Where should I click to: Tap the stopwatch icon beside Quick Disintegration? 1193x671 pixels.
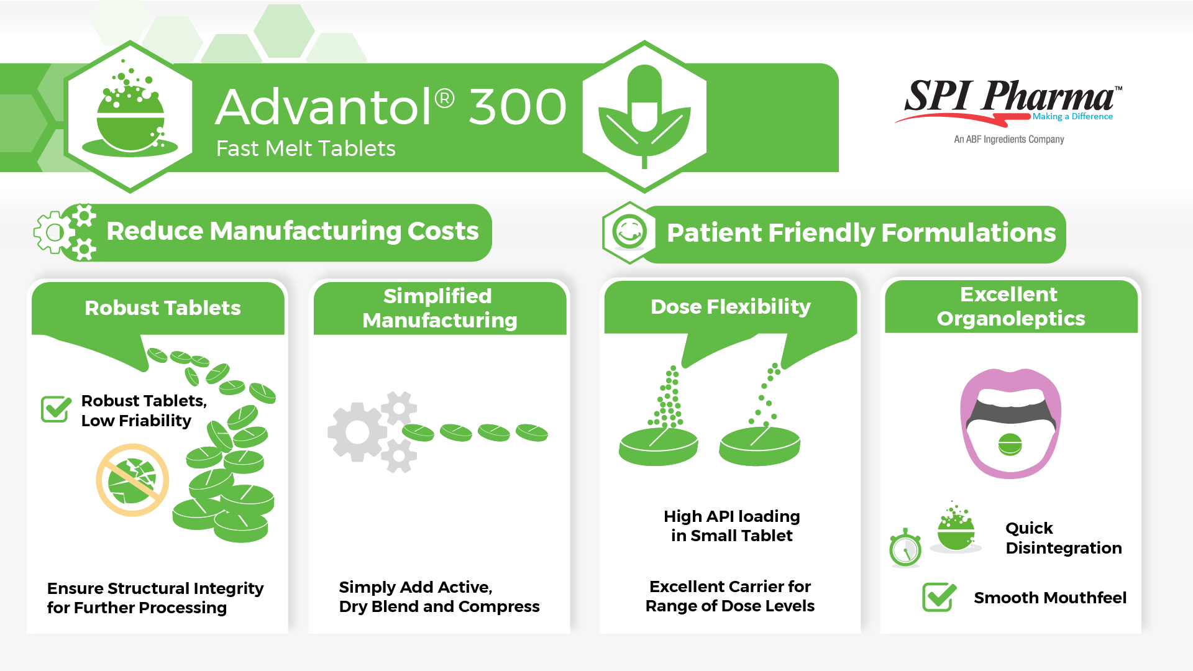click(x=905, y=548)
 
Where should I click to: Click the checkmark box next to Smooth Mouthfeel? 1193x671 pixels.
click(x=939, y=597)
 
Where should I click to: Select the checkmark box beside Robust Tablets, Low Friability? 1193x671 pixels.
click(x=56, y=409)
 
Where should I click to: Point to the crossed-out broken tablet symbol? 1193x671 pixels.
click(x=132, y=480)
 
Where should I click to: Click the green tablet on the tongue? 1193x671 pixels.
click(x=1010, y=444)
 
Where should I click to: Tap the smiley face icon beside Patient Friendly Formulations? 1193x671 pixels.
click(x=629, y=232)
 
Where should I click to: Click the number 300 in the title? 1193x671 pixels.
click(x=517, y=107)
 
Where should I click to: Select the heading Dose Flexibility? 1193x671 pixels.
click(x=731, y=306)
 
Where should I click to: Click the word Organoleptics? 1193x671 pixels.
click(x=1011, y=319)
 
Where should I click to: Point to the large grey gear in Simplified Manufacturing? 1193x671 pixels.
click(x=357, y=432)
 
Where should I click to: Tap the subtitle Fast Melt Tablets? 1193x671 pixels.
click(x=306, y=148)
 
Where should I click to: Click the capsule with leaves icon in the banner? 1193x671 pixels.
click(x=644, y=117)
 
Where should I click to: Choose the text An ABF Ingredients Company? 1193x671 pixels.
click(x=1009, y=139)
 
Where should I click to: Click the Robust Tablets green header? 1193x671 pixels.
click(x=163, y=308)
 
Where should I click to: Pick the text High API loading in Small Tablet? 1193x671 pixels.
click(x=732, y=526)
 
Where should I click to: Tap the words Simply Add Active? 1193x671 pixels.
click(x=416, y=587)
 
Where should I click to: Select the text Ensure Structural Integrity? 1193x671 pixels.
click(x=155, y=588)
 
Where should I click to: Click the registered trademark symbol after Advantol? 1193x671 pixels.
click(x=444, y=98)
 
